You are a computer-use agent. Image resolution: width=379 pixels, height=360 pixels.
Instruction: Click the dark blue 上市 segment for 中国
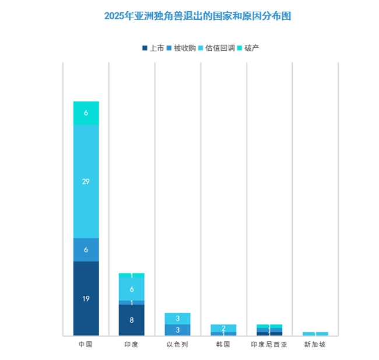86,298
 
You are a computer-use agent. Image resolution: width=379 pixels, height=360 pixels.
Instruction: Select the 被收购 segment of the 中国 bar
86,250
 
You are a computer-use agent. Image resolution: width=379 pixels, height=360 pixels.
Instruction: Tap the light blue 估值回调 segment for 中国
86,181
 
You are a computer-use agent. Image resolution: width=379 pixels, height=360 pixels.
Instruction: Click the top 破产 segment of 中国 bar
86,113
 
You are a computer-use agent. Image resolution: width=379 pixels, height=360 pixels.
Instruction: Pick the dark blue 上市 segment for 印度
132,320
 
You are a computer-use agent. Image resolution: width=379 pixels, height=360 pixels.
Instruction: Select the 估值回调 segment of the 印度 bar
132,289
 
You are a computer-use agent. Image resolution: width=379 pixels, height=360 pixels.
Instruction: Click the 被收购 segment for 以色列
177,330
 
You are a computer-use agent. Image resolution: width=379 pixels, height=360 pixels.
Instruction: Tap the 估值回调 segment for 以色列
177,319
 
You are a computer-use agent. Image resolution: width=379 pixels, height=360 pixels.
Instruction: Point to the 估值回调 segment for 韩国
223,328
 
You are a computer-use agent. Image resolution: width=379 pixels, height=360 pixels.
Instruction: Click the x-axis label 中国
86,345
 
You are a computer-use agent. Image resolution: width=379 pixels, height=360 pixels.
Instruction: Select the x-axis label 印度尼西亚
269,345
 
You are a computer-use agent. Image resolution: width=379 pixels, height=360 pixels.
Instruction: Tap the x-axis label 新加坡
315,345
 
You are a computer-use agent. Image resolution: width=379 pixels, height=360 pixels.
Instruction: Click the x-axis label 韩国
223,345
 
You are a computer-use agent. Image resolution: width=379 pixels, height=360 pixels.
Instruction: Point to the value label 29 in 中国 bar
86,181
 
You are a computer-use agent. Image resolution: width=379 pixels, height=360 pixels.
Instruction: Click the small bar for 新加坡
315,334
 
